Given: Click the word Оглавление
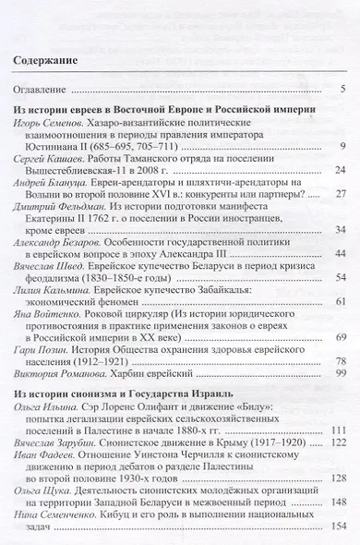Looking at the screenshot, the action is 42,90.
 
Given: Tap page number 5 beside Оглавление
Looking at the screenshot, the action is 342,90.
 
